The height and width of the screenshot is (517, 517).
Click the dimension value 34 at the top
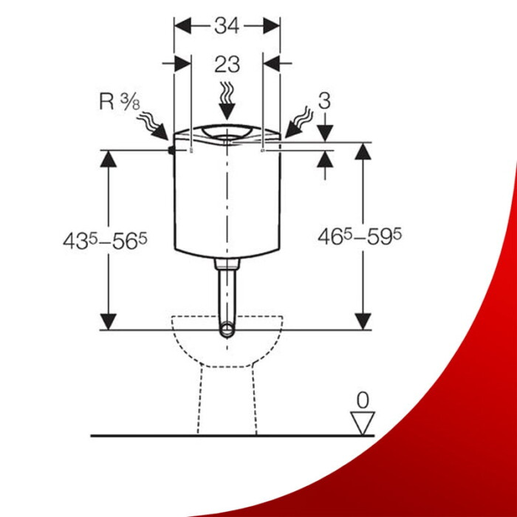pos(227,25)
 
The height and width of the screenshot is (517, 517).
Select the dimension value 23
pos(227,64)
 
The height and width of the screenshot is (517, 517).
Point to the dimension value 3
pos(323,101)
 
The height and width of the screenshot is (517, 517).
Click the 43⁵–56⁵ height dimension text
pos(108,240)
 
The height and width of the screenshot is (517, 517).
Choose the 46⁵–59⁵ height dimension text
pos(360,236)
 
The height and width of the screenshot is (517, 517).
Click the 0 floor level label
pos(362,400)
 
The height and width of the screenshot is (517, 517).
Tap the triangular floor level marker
pos(362,422)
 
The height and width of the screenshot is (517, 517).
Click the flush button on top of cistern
pos(227,131)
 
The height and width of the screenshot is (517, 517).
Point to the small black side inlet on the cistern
pos(171,151)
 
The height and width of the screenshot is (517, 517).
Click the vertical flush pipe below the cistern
pos(227,295)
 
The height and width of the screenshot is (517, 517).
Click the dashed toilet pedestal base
pos(226,399)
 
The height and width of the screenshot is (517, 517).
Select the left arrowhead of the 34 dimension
pos(182,25)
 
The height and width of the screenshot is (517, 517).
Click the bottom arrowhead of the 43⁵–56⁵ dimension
pos(109,321)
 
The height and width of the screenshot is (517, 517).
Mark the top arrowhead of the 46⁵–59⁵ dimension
pos(362,151)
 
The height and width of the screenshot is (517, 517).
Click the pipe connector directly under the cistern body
pos(227,263)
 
